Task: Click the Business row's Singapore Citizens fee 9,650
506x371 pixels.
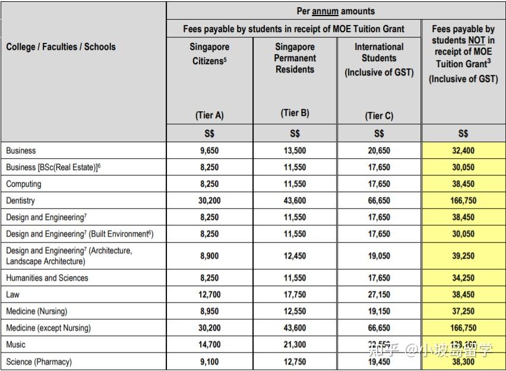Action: click(210, 151)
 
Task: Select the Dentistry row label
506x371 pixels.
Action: click(21, 201)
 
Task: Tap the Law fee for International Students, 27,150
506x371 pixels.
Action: click(379, 294)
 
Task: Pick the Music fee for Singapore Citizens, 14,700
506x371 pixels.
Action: click(210, 344)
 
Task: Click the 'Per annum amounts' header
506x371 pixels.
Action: click(336, 11)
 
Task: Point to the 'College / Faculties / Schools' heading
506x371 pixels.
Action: click(61, 47)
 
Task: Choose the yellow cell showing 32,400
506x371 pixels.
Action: click(463, 151)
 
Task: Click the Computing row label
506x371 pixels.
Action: click(24, 184)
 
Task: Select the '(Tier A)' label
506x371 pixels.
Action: click(210, 116)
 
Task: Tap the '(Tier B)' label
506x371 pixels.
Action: click(295, 113)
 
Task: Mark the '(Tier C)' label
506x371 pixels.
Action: click(379, 116)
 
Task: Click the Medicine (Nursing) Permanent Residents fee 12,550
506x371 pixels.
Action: click(295, 311)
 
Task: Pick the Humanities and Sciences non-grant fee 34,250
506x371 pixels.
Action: click(463, 278)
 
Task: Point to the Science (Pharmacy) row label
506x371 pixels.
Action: click(39, 361)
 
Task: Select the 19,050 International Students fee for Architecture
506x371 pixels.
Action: click(379, 256)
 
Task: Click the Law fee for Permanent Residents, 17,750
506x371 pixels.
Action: click(295, 294)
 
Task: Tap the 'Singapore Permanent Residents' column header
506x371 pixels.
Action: click(295, 58)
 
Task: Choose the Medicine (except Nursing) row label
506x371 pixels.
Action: click(49, 328)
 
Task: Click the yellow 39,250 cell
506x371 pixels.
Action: click(463, 256)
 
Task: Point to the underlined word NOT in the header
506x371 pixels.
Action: click(477, 40)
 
